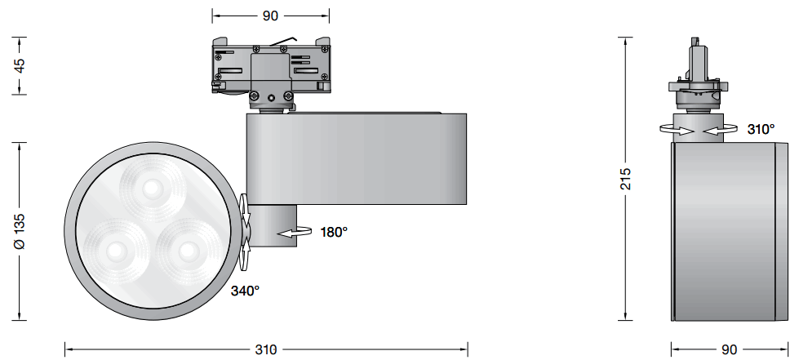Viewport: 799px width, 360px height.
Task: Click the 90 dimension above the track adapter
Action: click(x=270, y=16)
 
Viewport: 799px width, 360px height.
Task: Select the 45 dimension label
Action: click(x=20, y=65)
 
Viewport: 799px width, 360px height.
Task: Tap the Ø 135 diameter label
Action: click(x=20, y=233)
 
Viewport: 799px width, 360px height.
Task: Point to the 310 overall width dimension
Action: click(x=265, y=349)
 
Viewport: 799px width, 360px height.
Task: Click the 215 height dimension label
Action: click(x=625, y=180)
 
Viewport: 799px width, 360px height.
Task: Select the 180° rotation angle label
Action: click(x=334, y=232)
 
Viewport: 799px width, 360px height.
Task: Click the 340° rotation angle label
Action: click(x=245, y=290)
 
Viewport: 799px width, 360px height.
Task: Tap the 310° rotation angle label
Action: click(x=761, y=129)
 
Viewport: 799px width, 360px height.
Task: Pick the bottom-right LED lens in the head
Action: click(x=187, y=248)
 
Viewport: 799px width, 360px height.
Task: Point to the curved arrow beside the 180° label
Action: click(x=295, y=233)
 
